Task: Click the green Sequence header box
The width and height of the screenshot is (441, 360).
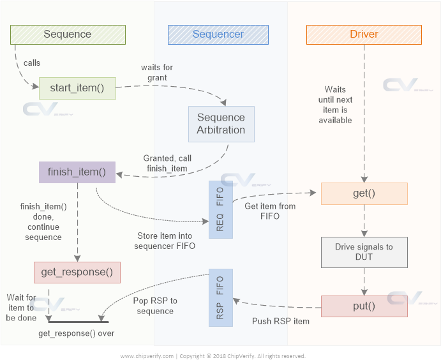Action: (68, 34)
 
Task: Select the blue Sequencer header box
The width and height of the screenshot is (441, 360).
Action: (218, 34)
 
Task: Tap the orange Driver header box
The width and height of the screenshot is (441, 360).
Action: (364, 34)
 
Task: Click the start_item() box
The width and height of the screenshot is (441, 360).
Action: (77, 88)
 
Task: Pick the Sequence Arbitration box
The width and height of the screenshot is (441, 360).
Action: (221, 124)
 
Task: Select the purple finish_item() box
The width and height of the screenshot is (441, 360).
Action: (77, 172)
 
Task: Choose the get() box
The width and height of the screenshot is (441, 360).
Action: (364, 193)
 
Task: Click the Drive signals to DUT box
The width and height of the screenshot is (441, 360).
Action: (364, 252)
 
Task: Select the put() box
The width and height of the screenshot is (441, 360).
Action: (364, 306)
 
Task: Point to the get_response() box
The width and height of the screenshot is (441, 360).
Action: (77, 272)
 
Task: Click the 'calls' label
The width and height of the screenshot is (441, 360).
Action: (32, 63)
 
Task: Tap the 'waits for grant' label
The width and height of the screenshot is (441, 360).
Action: (156, 73)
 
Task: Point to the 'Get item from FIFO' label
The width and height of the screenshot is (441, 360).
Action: (271, 211)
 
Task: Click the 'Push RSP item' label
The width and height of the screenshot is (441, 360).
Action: (281, 321)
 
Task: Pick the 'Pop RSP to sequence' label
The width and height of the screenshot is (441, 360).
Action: (155, 306)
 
